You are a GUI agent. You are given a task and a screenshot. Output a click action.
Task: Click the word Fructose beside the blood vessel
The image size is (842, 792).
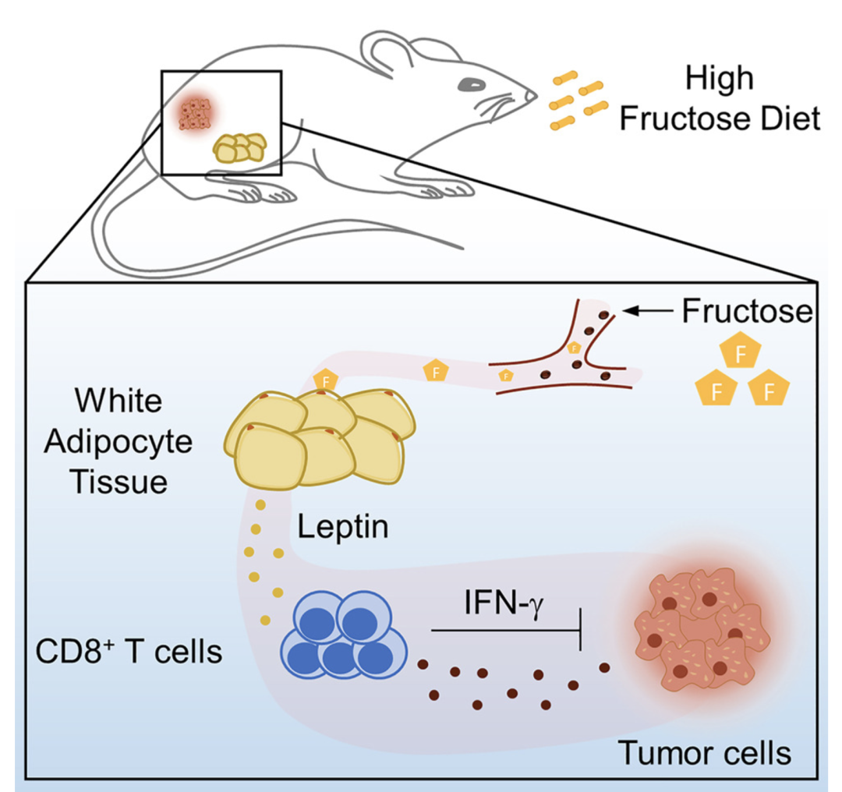[x=747, y=311]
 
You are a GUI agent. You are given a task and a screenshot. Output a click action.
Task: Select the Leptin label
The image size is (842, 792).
[x=342, y=528]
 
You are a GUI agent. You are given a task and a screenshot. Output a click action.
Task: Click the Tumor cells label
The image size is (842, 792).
[x=704, y=753]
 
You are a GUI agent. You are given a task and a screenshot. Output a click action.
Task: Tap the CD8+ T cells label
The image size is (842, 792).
[x=129, y=651]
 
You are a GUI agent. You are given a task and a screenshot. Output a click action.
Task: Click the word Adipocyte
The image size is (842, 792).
[x=118, y=442]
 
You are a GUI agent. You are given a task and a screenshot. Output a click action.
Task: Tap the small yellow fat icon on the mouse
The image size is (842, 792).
[x=240, y=148]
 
